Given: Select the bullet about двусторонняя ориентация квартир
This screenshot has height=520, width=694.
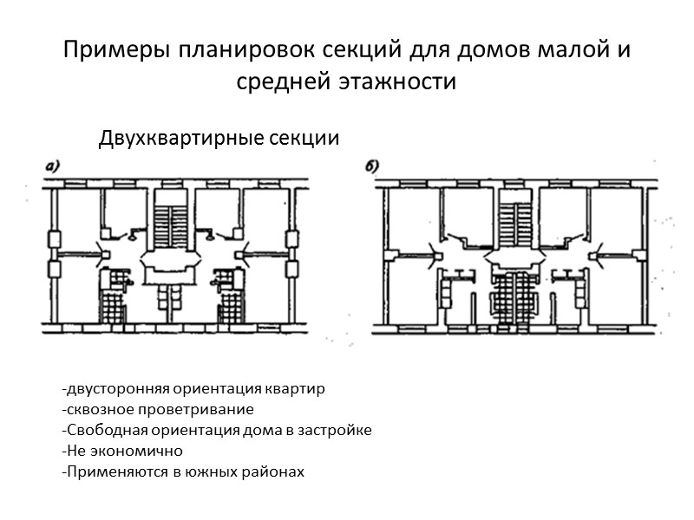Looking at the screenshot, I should [193, 388].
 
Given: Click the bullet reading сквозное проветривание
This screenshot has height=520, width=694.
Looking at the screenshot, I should [158, 409].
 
